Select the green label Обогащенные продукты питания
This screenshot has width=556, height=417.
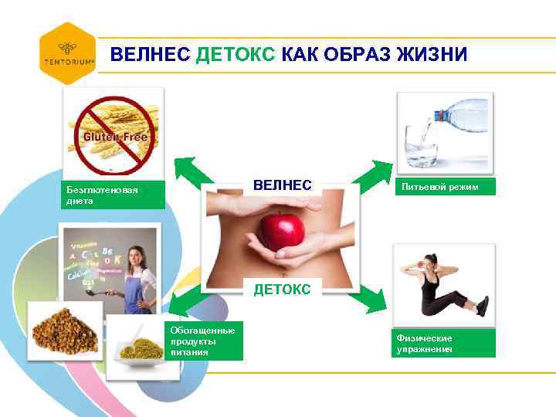[x=205, y=341]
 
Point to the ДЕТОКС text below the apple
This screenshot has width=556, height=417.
[x=283, y=290]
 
